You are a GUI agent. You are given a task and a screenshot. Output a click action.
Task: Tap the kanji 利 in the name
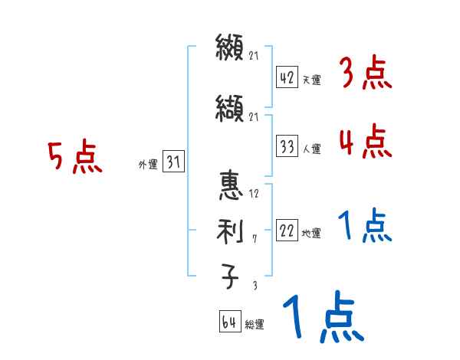click(x=230, y=230)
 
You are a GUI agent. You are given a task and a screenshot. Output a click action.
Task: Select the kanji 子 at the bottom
click(x=230, y=276)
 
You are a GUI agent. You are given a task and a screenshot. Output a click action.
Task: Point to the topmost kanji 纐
click(x=230, y=50)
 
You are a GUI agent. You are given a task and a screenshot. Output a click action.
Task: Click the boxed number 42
click(x=287, y=77)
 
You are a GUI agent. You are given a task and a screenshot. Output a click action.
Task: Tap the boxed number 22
click(x=287, y=231)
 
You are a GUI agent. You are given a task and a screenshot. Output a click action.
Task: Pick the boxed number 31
click(x=173, y=162)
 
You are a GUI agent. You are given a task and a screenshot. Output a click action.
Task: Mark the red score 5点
click(x=74, y=157)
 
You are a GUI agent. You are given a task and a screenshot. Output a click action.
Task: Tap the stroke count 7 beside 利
click(x=254, y=239)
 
